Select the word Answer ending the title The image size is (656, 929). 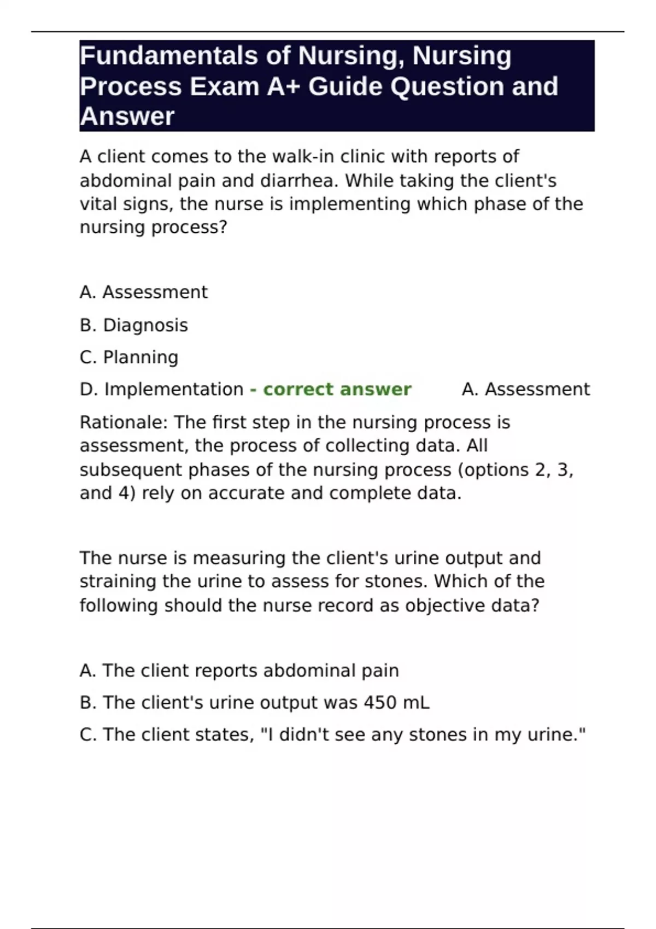pyautogui.click(x=127, y=116)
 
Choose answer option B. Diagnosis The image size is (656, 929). pyautogui.click(x=134, y=325)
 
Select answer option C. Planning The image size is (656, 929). pyautogui.click(x=129, y=357)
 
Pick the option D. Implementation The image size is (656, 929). pyautogui.click(x=161, y=389)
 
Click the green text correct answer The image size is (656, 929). pyautogui.click(x=337, y=389)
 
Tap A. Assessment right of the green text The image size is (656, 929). pyautogui.click(x=525, y=389)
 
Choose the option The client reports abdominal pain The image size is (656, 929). pyautogui.click(x=239, y=671)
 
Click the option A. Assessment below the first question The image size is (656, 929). pyautogui.click(x=144, y=292)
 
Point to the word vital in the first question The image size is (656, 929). pyautogui.click(x=97, y=204)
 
